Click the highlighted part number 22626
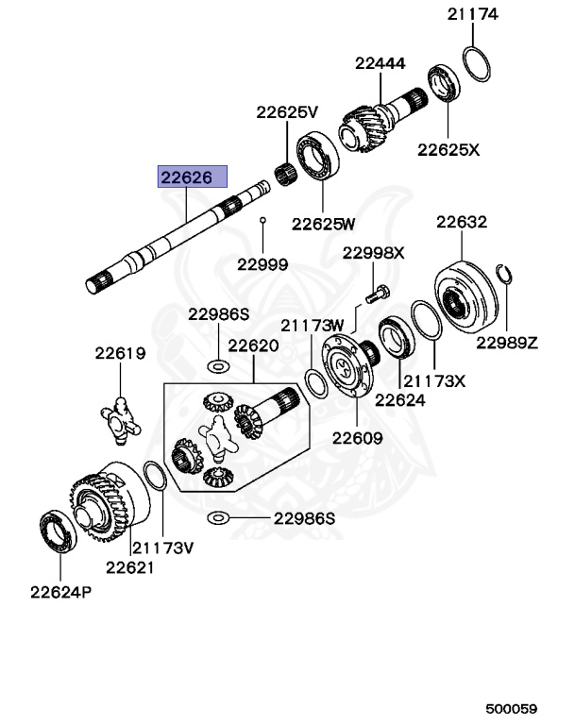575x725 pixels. point(193,177)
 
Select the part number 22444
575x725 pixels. point(380,64)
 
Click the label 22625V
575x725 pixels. point(287,111)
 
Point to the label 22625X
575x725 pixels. point(448,149)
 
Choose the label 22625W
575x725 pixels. point(323,224)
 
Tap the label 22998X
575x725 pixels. point(373,253)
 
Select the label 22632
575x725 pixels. point(461,223)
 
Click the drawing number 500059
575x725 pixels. point(511,708)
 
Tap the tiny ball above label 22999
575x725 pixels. point(263,221)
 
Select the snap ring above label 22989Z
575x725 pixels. point(504,277)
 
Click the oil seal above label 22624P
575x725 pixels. point(59,531)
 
